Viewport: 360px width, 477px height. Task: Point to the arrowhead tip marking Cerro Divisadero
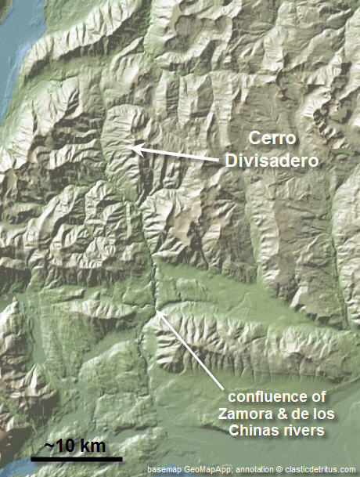click(134, 147)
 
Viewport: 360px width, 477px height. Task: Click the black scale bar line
click(77, 457)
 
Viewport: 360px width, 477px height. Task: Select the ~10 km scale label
click(74, 446)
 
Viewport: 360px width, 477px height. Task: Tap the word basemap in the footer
click(164, 469)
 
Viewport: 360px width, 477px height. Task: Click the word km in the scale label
click(92, 446)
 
